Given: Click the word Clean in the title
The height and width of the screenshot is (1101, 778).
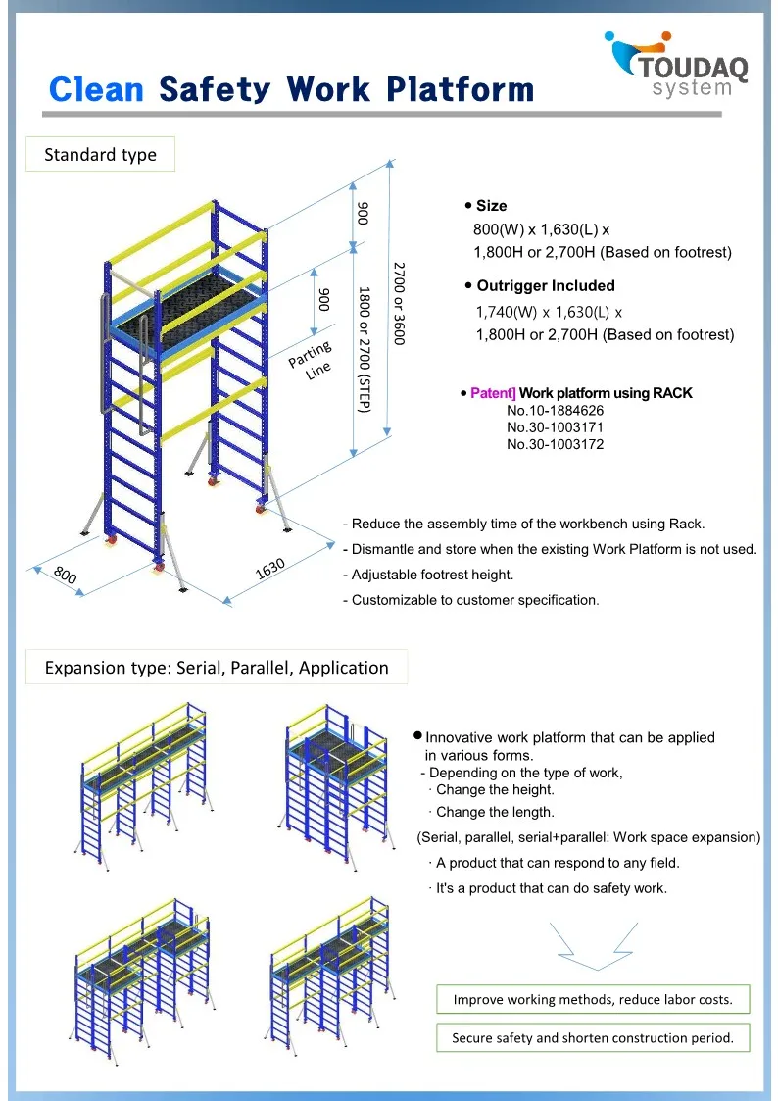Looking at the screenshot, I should [x=96, y=90].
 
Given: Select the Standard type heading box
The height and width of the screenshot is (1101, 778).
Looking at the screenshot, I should [x=100, y=155].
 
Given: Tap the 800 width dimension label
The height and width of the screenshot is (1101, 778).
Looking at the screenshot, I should [x=65, y=576].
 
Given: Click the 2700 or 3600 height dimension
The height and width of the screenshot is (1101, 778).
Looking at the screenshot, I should [x=399, y=301].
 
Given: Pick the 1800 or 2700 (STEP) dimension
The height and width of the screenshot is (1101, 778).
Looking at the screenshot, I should [x=364, y=349].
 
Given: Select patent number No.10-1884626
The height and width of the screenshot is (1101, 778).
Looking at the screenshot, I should [x=555, y=411].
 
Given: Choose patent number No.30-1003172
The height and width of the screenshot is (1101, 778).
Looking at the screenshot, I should [x=555, y=444].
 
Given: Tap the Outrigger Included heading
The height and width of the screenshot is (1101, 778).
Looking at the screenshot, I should [x=545, y=286].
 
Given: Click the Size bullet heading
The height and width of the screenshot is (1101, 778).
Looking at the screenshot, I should [x=491, y=206].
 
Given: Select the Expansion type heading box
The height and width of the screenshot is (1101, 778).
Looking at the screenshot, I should [x=217, y=668].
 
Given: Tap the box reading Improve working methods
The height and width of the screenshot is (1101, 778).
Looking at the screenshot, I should [x=593, y=1000].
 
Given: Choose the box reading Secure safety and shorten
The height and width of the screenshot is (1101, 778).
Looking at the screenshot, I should [x=593, y=1037].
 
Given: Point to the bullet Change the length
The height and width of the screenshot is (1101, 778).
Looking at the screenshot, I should [x=495, y=812].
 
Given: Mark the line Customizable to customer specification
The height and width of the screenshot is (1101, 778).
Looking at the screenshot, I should [x=474, y=600].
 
